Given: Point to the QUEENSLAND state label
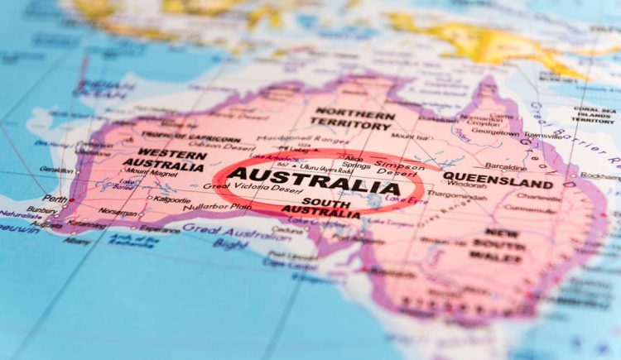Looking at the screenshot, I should point(509,180).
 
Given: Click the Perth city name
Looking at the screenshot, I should point(55,199).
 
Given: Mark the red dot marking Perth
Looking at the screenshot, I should point(72,200).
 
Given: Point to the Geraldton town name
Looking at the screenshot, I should point(56,169).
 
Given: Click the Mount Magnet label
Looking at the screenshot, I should point(150,173).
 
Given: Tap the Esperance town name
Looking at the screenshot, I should point(160,230).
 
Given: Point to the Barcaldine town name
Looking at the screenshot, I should point(505,166).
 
